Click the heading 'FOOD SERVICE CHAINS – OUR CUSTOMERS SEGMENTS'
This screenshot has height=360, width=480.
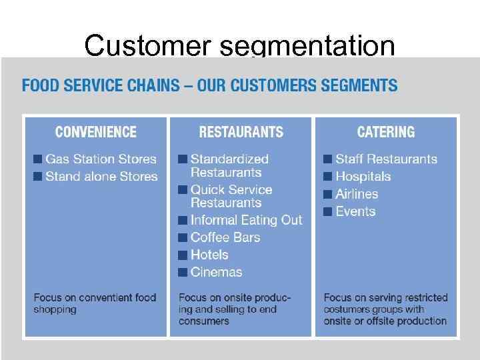(209, 86)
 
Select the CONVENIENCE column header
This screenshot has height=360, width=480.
(95, 132)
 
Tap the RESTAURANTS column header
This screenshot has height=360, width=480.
(241, 132)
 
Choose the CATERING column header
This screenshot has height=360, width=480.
(385, 132)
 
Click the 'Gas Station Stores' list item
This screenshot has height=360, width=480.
(101, 159)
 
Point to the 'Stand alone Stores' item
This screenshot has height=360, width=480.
(101, 177)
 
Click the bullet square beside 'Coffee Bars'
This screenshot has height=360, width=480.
(183, 237)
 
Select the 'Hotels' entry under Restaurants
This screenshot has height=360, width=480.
(209, 255)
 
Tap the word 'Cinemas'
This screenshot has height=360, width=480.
(216, 272)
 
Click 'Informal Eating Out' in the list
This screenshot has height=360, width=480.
(246, 220)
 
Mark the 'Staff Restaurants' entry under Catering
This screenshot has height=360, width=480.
(386, 159)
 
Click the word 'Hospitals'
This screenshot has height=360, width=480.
(363, 177)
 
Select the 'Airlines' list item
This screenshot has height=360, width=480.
(357, 194)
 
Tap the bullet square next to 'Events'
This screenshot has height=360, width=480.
(328, 211)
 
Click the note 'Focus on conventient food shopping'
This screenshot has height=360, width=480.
(95, 303)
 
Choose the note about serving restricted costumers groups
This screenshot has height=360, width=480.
(385, 309)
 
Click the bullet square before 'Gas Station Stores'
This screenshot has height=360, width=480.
(38, 159)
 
